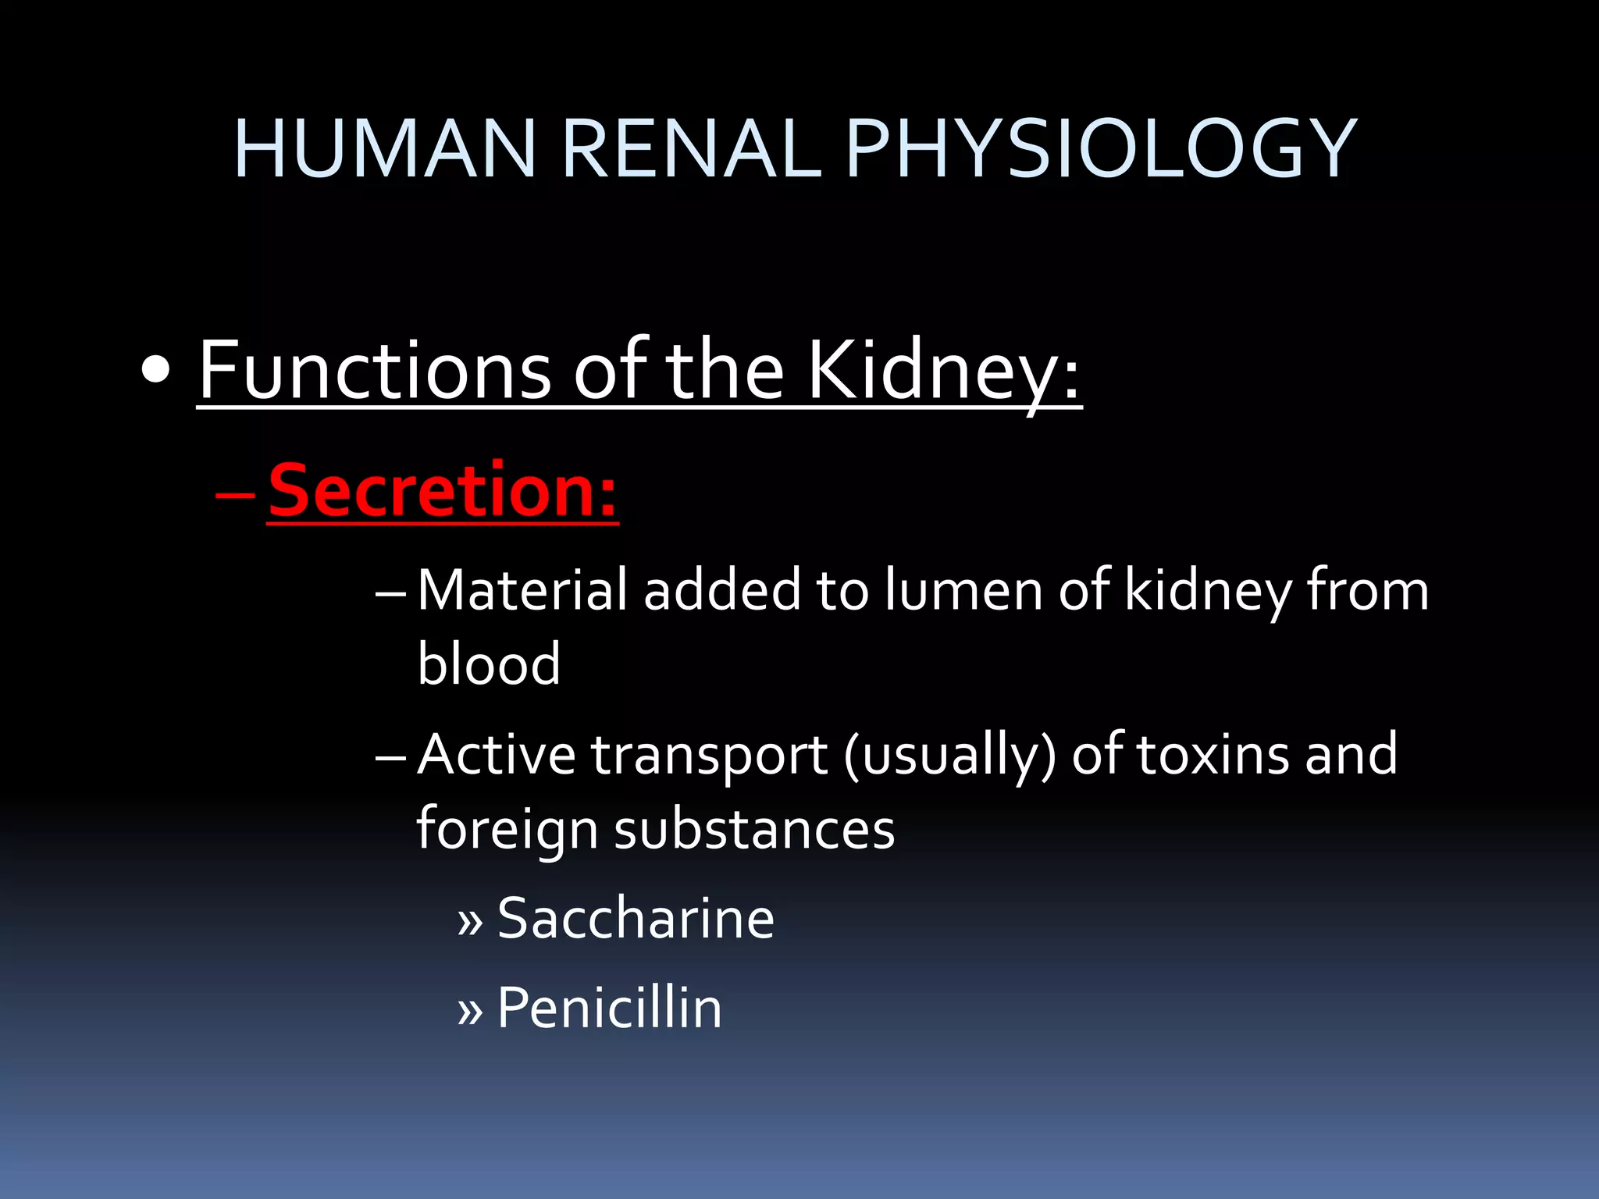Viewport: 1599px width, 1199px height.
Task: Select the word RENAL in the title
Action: (x=691, y=148)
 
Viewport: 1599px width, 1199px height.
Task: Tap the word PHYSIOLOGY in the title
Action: (x=1101, y=148)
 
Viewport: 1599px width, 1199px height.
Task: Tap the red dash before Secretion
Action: (x=234, y=495)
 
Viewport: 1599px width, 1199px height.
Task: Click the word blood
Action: (x=489, y=664)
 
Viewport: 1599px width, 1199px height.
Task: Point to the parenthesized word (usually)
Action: (x=949, y=756)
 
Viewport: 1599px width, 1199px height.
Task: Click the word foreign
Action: (x=507, y=829)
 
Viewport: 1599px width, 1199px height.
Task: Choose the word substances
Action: (x=754, y=829)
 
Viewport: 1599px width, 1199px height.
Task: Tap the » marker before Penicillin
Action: (x=470, y=1012)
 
